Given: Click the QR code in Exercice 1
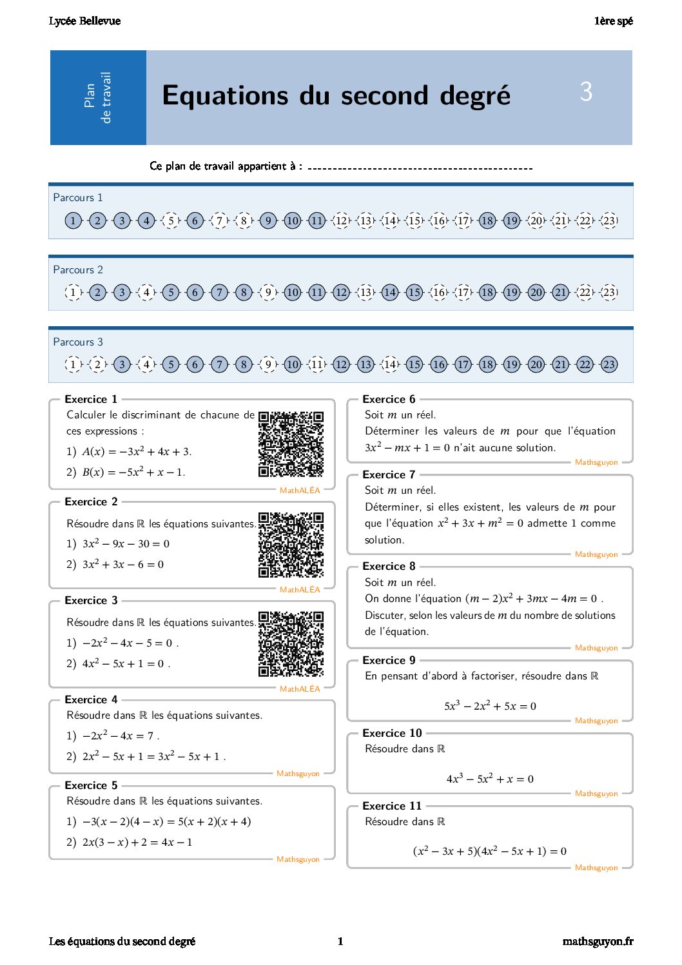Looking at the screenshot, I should [291, 444].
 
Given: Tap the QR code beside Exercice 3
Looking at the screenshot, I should [291, 643].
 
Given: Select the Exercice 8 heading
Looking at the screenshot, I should [389, 566].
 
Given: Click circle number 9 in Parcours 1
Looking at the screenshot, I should [268, 220].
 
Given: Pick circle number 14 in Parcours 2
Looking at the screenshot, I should [390, 292].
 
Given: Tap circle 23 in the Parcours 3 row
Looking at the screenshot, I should [609, 364].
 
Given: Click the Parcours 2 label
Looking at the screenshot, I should [78, 269].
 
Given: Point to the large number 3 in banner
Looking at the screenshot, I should [586, 92].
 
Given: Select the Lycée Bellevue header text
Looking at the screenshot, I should [84, 21].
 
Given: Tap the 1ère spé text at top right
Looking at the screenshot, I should [613, 21].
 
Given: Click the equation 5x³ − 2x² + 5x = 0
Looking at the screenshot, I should [490, 706].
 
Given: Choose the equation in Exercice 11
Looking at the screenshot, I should [490, 851].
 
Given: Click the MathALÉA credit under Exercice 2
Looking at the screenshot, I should [300, 589].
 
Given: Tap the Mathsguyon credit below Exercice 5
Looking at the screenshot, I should [298, 859].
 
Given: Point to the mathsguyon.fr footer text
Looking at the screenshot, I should [598, 941].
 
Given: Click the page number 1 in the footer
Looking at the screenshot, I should [340, 941].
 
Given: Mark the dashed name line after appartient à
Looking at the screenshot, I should [420, 168].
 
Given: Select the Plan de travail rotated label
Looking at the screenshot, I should [98, 97].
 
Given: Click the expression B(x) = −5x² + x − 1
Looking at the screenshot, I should [133, 472].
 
